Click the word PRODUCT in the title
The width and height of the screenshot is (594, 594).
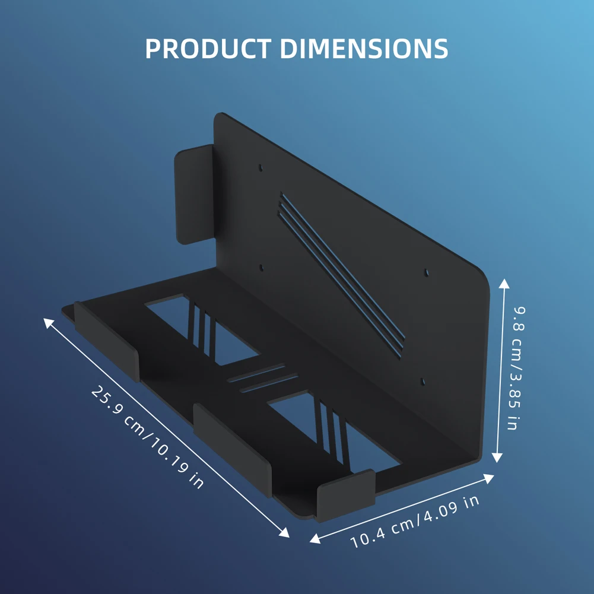click(208, 49)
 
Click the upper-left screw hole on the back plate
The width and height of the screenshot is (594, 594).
click(261, 169)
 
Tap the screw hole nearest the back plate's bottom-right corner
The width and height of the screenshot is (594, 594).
click(422, 382)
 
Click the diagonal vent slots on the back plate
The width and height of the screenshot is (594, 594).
click(341, 273)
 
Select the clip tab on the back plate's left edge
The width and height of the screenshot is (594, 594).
click(193, 193)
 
